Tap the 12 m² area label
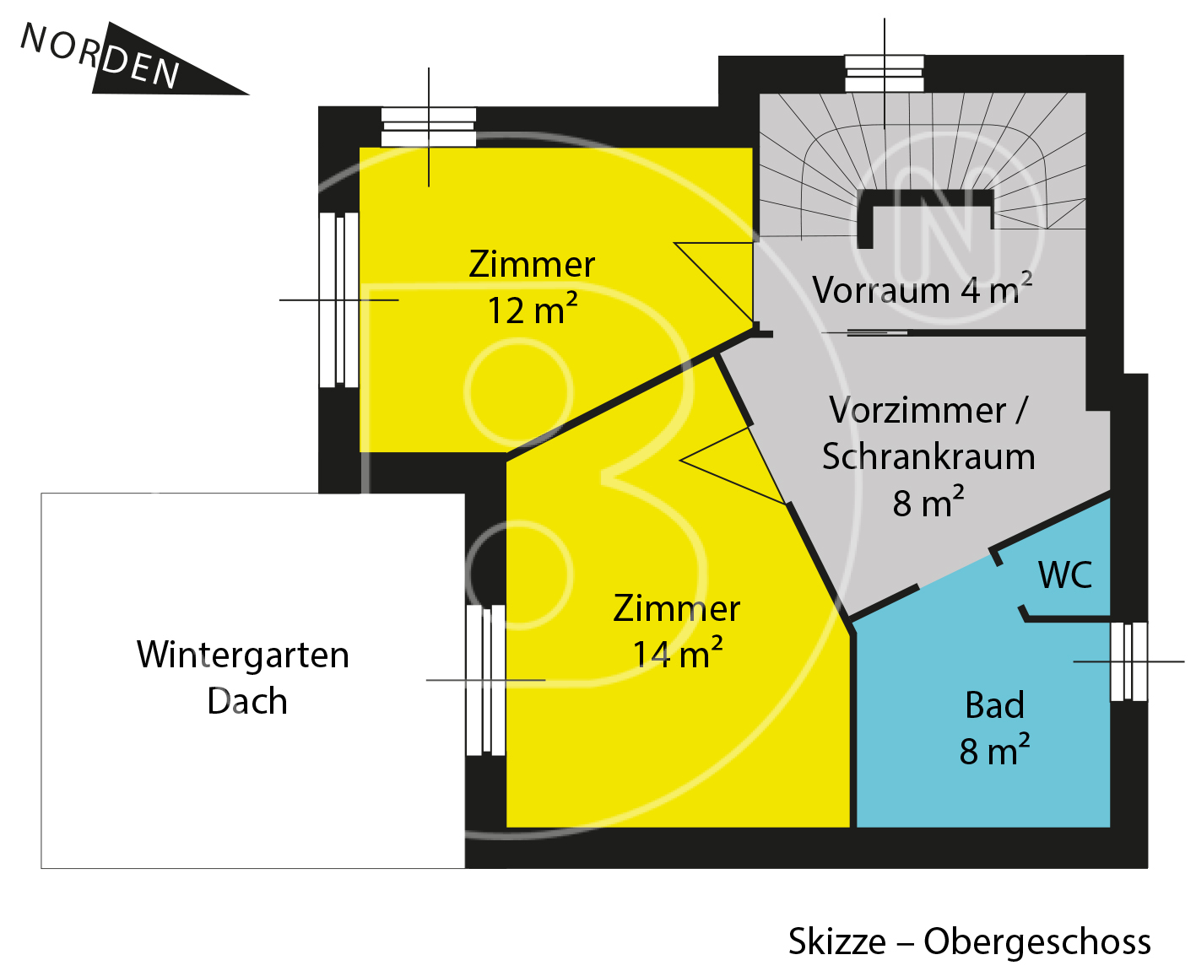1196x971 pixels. (x=533, y=310)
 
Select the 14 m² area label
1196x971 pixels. (x=677, y=653)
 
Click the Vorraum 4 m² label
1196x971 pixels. (x=922, y=289)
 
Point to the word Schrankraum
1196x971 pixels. (x=928, y=456)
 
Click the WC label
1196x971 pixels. (x=1065, y=575)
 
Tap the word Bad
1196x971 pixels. (x=994, y=705)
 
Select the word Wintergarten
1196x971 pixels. (x=242, y=655)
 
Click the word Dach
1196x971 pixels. (x=247, y=701)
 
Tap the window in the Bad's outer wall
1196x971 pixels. (x=1129, y=661)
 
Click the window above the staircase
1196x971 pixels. (x=885, y=73)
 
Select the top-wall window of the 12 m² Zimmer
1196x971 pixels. (x=429, y=127)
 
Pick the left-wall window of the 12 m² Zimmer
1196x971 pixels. (x=338, y=299)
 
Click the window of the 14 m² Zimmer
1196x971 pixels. (x=485, y=680)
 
